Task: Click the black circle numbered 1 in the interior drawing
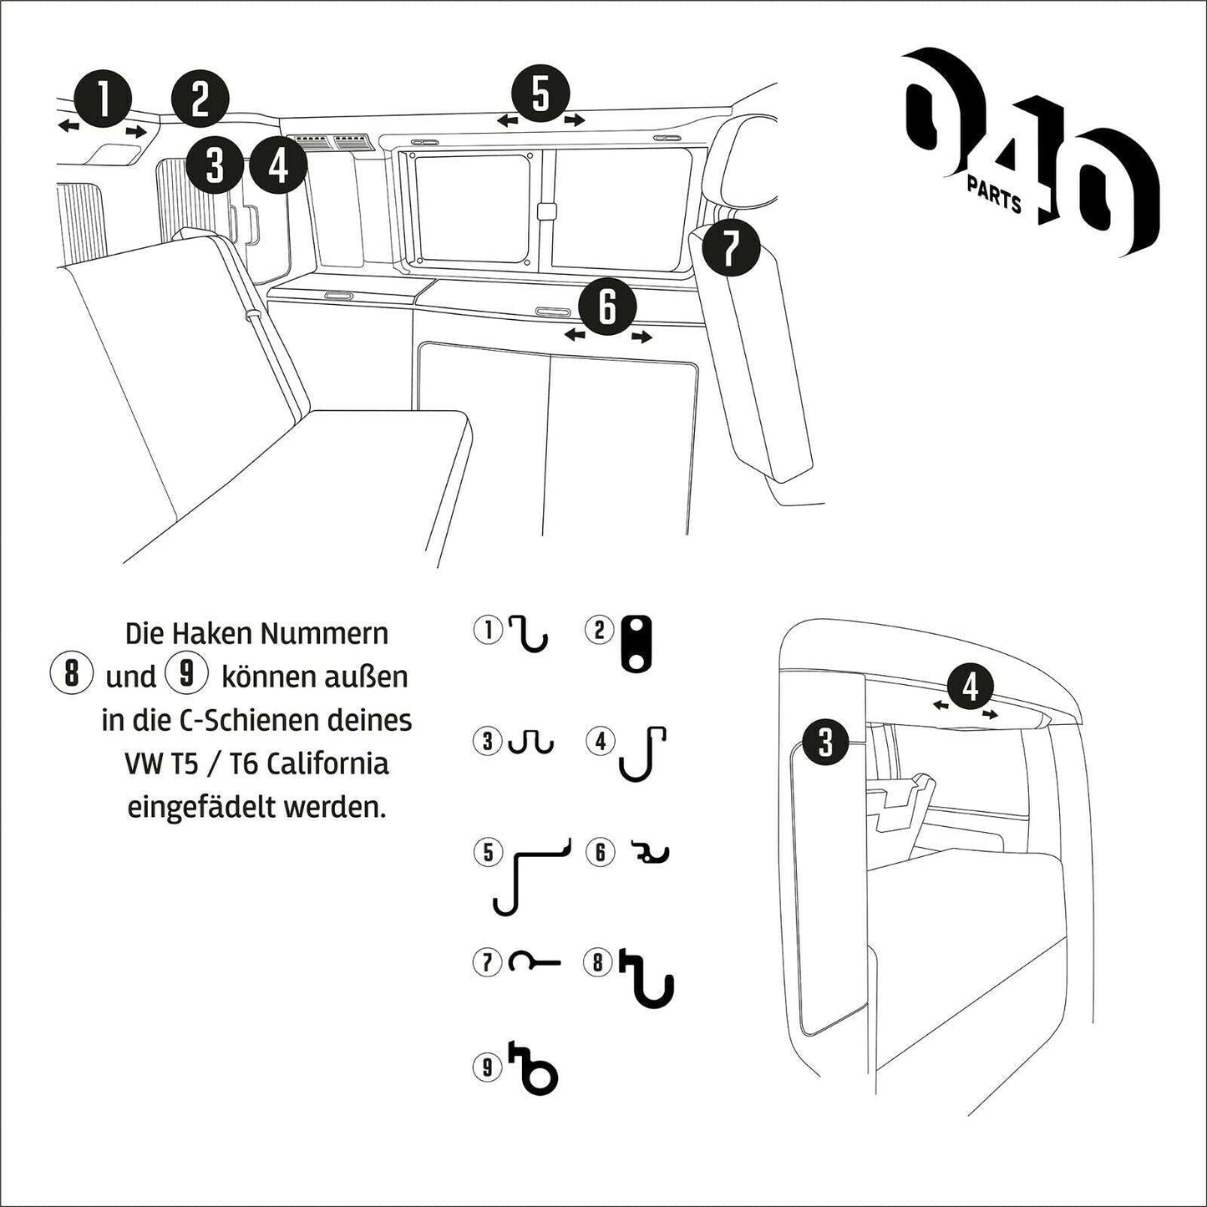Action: click(103, 99)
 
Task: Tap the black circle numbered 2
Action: click(200, 99)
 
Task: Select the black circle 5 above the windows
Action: click(540, 94)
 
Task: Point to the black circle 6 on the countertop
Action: click(607, 307)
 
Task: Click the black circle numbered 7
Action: click(730, 248)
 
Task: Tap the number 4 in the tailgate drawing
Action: click(970, 687)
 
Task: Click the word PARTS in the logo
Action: click(994, 194)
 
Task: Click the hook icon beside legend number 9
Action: click(535, 1068)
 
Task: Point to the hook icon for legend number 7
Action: click(534, 963)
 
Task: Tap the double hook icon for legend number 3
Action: click(531, 741)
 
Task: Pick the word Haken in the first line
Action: click(212, 633)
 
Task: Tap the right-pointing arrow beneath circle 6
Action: click(642, 337)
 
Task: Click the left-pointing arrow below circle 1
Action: click(68, 125)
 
